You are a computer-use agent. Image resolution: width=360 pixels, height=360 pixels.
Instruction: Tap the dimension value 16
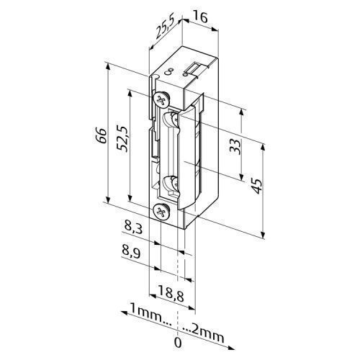coord(200,17)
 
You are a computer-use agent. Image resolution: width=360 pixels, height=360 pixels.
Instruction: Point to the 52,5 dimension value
coord(122,138)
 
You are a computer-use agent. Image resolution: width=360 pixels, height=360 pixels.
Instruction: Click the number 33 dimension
coord(235,147)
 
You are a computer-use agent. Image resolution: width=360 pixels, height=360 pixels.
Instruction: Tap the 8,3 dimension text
coord(132,228)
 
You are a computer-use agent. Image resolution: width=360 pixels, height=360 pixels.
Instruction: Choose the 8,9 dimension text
coord(131,253)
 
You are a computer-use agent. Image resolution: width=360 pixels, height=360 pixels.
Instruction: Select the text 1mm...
coord(146,312)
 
